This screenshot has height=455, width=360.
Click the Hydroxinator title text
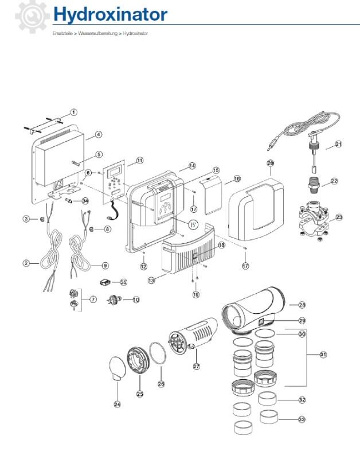pos(110,14)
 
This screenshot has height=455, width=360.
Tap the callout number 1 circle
pos(74,112)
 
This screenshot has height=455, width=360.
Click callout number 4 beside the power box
pos(98,135)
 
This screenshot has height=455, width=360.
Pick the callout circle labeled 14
pos(191,166)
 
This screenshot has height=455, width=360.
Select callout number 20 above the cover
pos(271,164)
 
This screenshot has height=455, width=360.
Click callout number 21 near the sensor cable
pos(338,144)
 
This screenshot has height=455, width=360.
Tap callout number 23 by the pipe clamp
pos(338,217)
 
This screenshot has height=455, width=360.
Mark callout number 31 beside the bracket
pos(323,355)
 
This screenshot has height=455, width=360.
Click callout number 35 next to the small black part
pos(123,282)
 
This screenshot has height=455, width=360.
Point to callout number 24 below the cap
pos(117,404)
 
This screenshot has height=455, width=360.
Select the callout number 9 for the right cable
pos(105,265)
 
